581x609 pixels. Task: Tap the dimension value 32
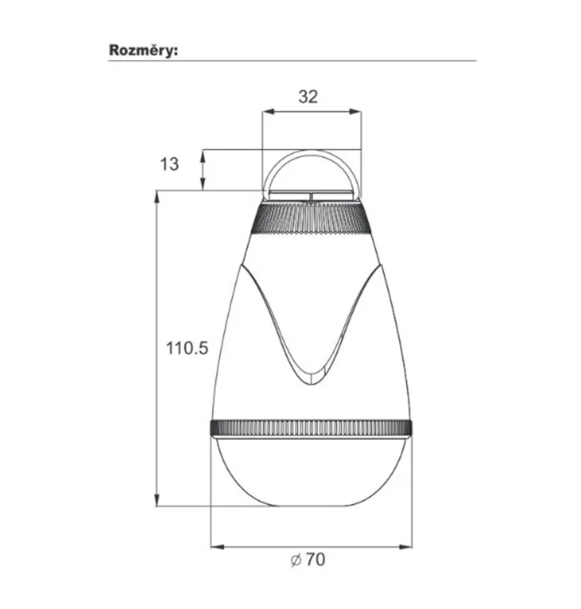pos(308,97)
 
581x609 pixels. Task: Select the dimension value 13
pos(170,164)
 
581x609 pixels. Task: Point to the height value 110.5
pos(187,348)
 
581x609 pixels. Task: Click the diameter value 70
pos(315,560)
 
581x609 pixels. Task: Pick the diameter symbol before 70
pos(296,560)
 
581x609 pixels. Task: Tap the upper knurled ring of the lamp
pos(311,219)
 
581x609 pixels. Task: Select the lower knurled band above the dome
pos(311,428)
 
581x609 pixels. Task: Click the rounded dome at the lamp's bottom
pos(311,472)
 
